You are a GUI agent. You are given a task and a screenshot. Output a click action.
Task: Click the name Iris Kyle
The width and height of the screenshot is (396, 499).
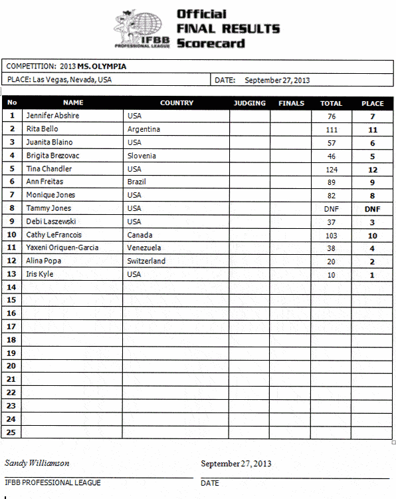coord(40,274)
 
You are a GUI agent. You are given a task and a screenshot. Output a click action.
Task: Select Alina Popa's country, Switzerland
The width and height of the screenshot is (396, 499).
coord(146,261)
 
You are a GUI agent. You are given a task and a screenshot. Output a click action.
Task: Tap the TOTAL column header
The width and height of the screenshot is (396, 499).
coord(331,103)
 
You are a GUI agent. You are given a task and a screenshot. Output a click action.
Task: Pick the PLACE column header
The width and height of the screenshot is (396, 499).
coord(372,103)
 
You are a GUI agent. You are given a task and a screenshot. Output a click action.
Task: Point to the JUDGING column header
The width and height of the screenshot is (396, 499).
coord(250,103)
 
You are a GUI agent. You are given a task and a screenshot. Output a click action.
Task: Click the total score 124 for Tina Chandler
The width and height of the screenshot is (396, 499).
coord(331,169)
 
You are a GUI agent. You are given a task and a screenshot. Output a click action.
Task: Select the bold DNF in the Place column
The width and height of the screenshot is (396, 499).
coord(372,208)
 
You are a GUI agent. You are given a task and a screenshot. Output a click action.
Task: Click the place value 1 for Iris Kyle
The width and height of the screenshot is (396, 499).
coord(372,274)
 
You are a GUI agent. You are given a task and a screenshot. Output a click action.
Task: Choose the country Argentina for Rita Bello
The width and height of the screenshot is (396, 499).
coord(144,129)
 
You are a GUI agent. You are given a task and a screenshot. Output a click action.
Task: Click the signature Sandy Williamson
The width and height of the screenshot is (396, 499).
coord(37,463)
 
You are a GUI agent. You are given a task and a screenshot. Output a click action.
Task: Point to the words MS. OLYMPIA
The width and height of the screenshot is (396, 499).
coord(102,67)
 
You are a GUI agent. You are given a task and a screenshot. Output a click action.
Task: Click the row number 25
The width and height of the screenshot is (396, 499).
coord(11,432)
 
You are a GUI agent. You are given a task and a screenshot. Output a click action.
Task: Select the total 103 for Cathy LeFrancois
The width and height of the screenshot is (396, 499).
coord(331,235)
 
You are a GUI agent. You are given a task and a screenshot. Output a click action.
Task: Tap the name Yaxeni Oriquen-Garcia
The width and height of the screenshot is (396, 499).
coord(62,248)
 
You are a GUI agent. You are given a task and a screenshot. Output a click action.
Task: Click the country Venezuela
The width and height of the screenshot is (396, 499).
coord(144,248)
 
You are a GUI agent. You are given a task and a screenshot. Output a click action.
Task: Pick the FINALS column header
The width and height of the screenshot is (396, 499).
coord(291,103)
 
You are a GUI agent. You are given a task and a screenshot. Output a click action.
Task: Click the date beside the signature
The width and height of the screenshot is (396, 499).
coord(236,464)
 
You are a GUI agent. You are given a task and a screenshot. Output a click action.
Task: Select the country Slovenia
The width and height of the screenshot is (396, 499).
coord(142,156)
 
